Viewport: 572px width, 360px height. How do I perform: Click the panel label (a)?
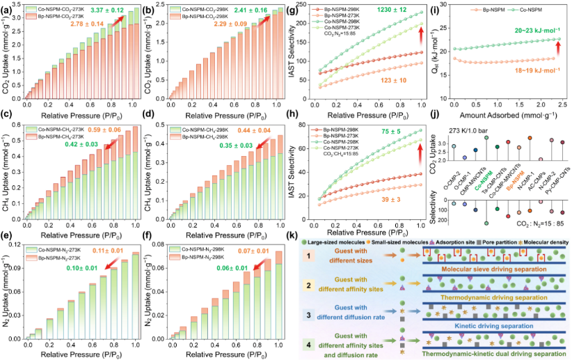9,8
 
